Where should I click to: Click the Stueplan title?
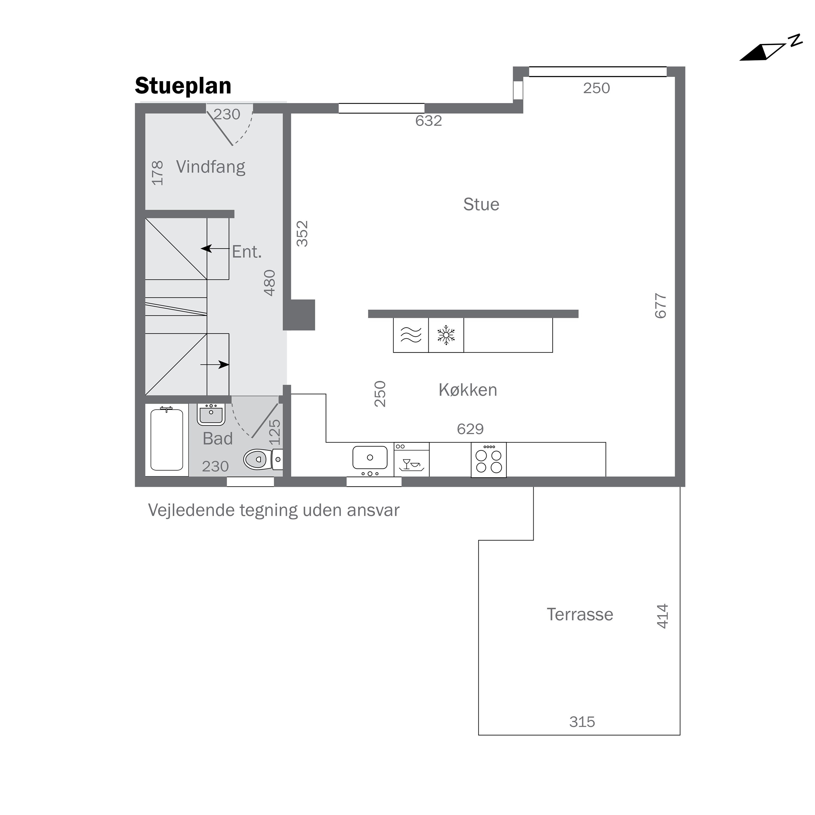pos(183,86)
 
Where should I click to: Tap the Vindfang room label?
pos(211,167)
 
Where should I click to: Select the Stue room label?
pos(481,205)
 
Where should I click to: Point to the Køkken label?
pos(468,390)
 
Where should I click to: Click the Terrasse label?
pos(580,615)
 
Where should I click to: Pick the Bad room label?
pos(218,439)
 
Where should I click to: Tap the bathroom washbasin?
pos(211,414)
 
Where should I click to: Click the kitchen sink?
pos(370,460)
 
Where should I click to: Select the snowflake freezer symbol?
pos(446,335)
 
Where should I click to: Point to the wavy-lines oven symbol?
pos(411,335)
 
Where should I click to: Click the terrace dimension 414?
pos(662,616)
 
